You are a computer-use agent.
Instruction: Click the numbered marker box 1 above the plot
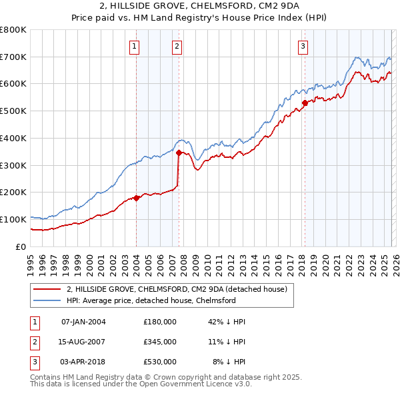[135, 47]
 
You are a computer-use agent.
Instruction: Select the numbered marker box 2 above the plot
[177, 47]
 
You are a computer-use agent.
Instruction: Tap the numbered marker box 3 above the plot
[303, 47]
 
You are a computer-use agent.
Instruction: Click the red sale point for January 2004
[136, 197]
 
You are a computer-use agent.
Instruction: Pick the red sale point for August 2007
[179, 153]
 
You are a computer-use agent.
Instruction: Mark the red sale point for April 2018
[305, 103]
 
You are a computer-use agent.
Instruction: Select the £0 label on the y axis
[21, 246]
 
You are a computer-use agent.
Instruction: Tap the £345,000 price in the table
[160, 342]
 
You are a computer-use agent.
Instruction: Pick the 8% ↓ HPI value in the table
[229, 362]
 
